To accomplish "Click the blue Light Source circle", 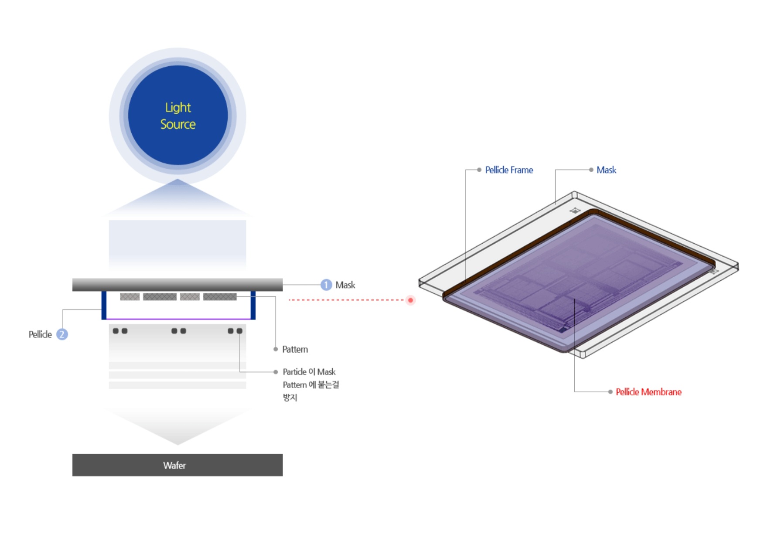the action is (177, 116).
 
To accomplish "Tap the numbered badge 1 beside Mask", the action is (326, 285).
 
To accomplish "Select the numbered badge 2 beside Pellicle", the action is (62, 334).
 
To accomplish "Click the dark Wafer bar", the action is (177, 465).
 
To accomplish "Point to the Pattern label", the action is (295, 349).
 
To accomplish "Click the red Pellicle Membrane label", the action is (648, 392).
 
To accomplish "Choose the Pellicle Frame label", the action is (509, 170).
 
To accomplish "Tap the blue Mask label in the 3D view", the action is (606, 170).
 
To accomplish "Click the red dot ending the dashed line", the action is (410, 300).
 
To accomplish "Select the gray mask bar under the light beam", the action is (177, 285).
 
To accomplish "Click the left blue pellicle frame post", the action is (104, 305).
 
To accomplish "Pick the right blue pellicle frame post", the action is (253, 305).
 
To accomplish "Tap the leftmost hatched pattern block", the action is (130, 297).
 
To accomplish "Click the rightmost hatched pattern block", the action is (220, 297).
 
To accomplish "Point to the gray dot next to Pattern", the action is (276, 349).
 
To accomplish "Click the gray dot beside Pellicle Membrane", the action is (611, 392).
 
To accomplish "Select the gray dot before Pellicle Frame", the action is (479, 170).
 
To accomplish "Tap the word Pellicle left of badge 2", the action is (40, 334).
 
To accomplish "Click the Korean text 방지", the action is (290, 398).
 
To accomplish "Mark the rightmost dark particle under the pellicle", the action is (239, 331).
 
